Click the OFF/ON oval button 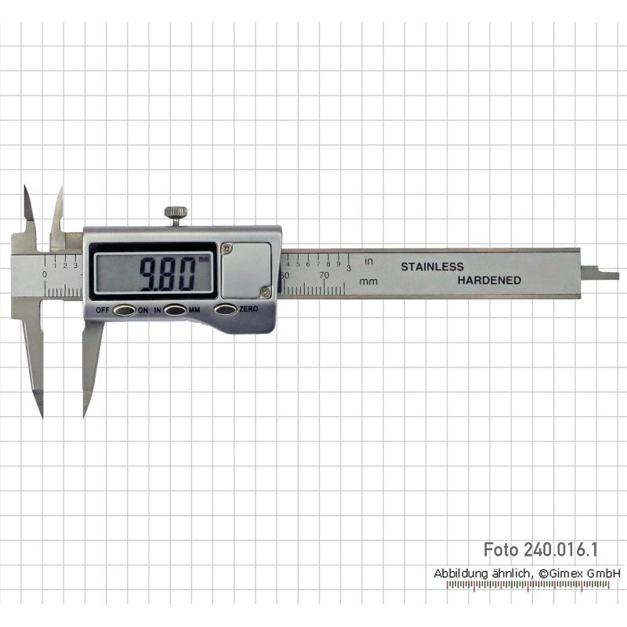click(x=125, y=310)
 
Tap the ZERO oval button click(x=226, y=310)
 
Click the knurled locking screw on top click(x=176, y=216)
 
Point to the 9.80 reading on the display click(x=168, y=274)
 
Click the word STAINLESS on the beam click(x=433, y=266)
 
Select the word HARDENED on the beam click(x=489, y=281)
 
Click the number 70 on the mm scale click(x=324, y=275)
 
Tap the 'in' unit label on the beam click(x=368, y=261)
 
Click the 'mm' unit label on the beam click(x=368, y=281)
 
